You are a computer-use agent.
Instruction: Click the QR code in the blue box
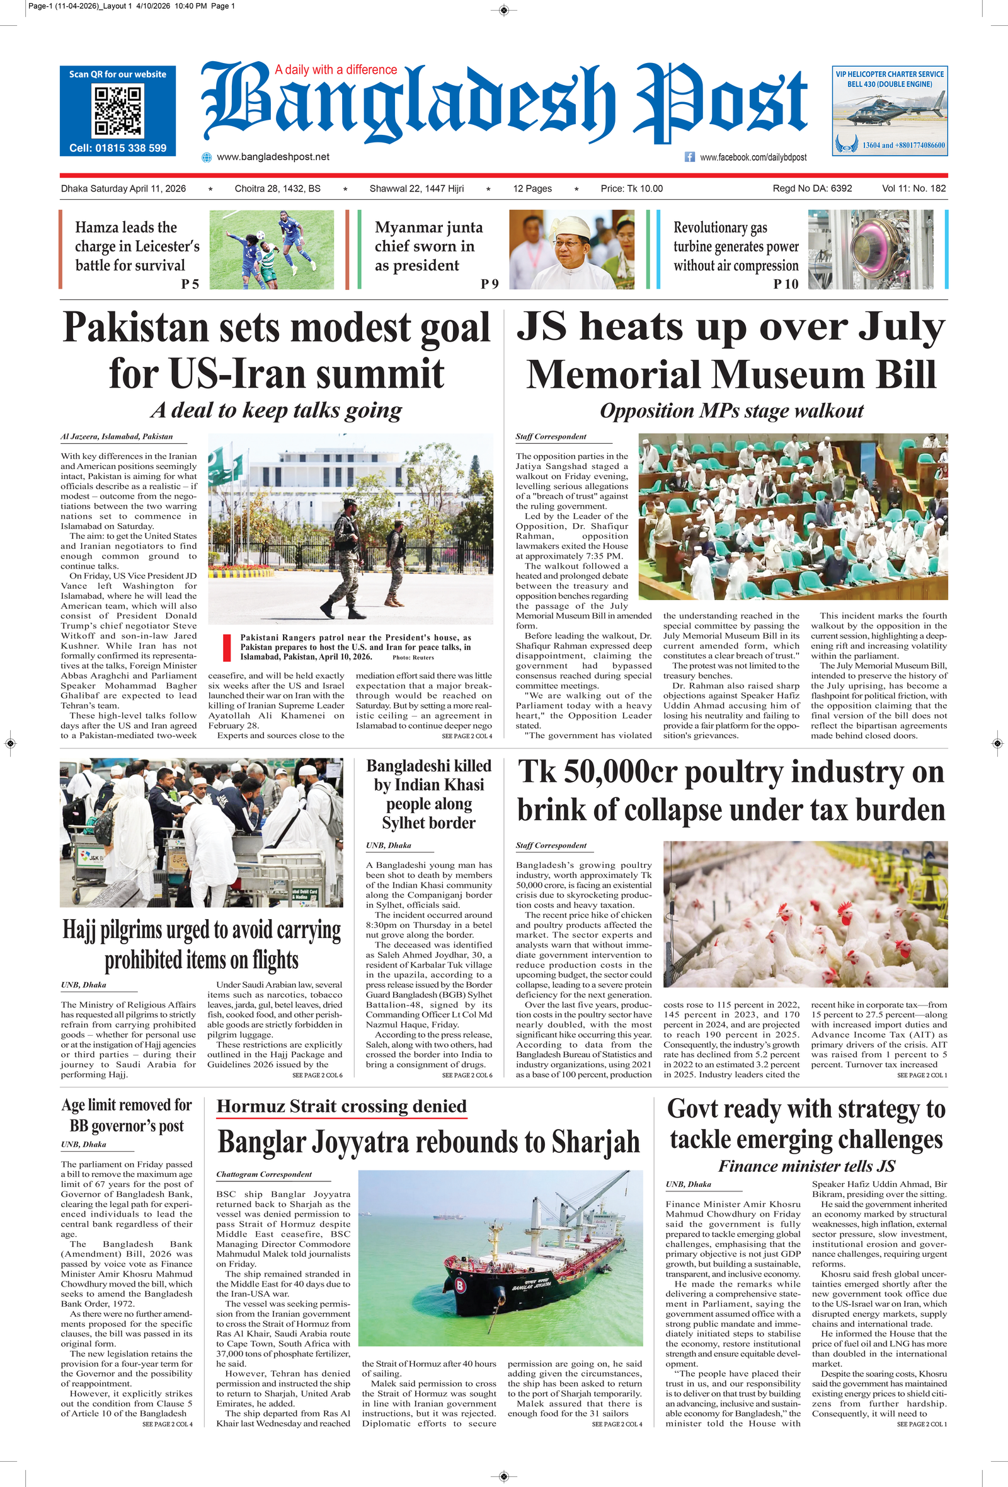pyautogui.click(x=118, y=111)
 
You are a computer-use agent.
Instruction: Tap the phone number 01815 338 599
pyautogui.click(x=118, y=148)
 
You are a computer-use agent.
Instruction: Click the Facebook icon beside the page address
pyautogui.click(x=689, y=157)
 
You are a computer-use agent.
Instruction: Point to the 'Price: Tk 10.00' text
pyautogui.click(x=631, y=188)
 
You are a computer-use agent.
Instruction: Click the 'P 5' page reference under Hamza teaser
pyautogui.click(x=190, y=284)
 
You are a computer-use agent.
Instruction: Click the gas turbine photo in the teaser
pyautogui.click(x=870, y=250)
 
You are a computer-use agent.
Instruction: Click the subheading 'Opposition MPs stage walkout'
pyautogui.click(x=731, y=411)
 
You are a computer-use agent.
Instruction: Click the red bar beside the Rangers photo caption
pyautogui.click(x=226, y=647)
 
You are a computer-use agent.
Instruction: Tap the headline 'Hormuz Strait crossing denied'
pyautogui.click(x=341, y=1106)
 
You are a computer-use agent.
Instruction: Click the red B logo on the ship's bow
pyautogui.click(x=459, y=1283)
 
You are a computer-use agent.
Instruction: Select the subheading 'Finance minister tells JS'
pyautogui.click(x=806, y=1166)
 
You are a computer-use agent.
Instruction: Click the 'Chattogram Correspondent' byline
pyautogui.click(x=263, y=1175)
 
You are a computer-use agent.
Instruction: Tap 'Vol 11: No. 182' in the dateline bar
pyautogui.click(x=913, y=188)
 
